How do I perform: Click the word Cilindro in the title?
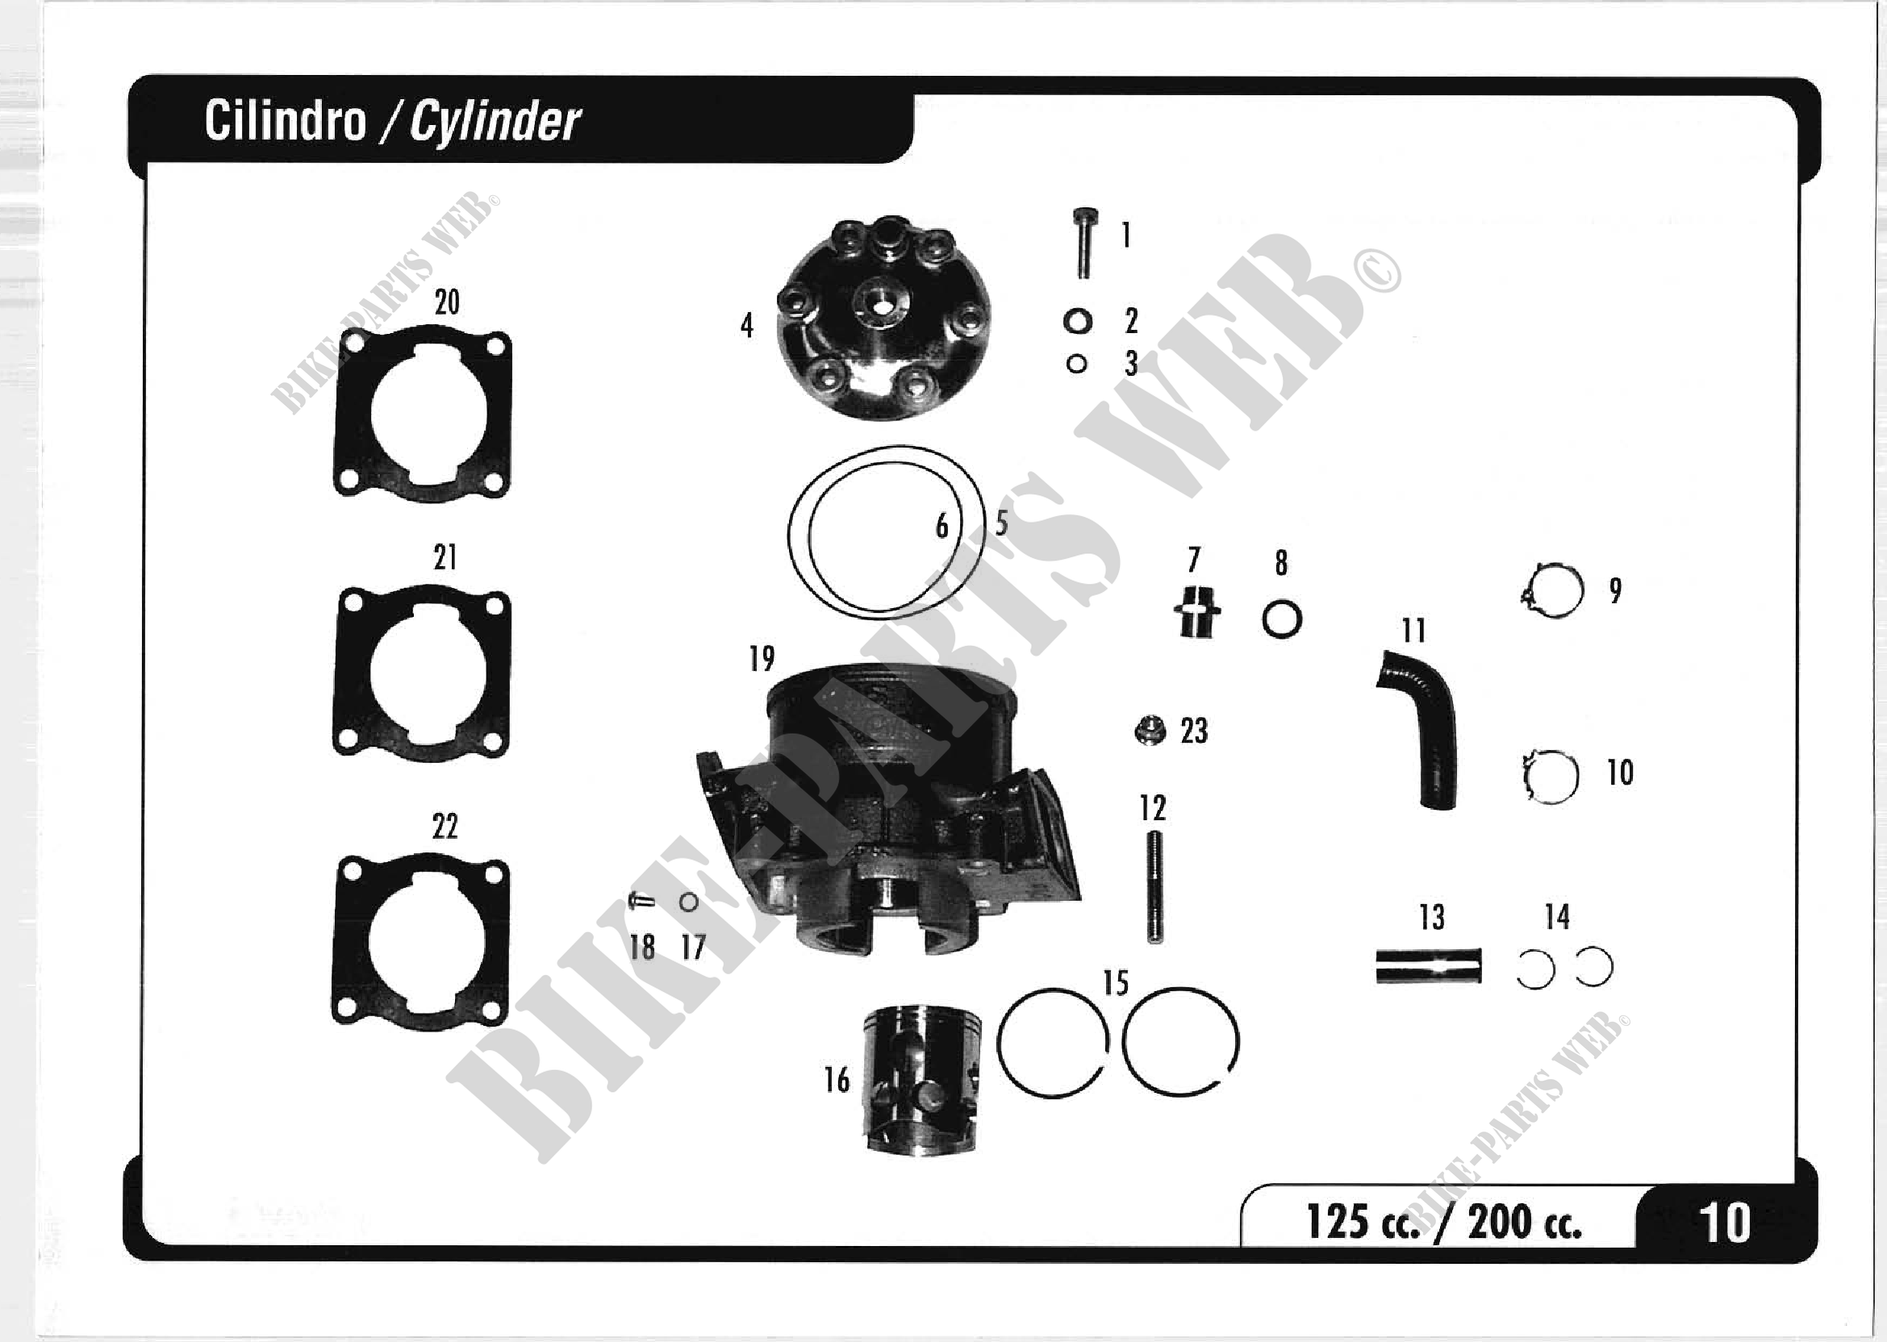[285, 122]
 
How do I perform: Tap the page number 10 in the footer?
[1724, 1223]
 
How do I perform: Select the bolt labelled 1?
[1084, 243]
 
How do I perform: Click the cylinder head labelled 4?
[883, 318]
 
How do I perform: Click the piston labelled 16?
[921, 1079]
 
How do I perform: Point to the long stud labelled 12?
[1154, 887]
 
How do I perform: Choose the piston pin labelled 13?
[1428, 966]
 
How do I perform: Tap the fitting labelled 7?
[1196, 612]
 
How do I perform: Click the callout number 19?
[762, 659]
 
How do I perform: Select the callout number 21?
[445, 558]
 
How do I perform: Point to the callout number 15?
[1116, 983]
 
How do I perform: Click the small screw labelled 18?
[641, 902]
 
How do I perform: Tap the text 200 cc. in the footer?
[1524, 1223]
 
